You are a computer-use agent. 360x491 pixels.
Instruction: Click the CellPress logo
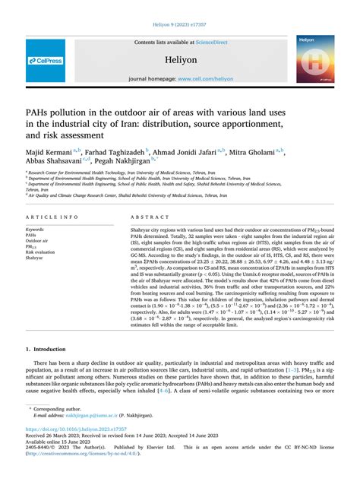click(x=46, y=59)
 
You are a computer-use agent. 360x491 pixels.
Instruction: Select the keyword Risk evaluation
click(x=43, y=252)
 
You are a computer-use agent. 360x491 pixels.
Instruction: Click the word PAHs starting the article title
click(x=42, y=108)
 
